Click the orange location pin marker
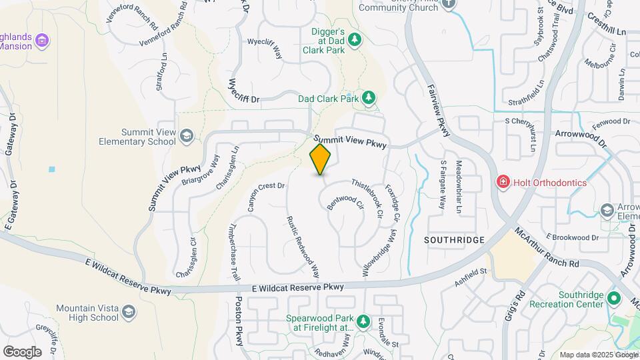[320, 159]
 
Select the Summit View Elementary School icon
[187, 137]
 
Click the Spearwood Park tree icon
[363, 323]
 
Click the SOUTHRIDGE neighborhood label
[453, 239]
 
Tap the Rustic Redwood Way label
[303, 247]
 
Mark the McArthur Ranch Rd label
[546, 248]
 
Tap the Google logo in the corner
[22, 351]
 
